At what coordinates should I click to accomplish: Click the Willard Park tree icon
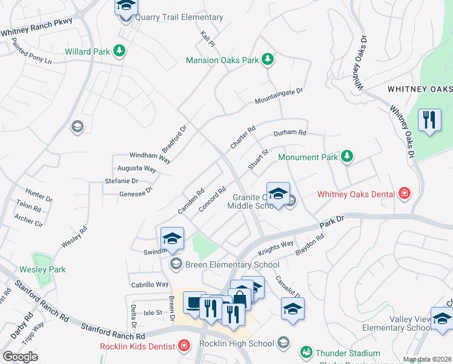tap(120, 51)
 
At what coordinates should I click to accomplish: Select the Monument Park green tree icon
tap(346, 157)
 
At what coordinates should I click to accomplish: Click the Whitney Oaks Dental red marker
tap(405, 194)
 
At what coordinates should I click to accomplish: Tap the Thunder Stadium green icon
tap(306, 352)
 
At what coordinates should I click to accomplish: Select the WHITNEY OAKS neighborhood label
tap(419, 89)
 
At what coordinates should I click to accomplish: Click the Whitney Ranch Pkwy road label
tap(36, 30)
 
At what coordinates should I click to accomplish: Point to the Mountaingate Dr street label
tap(278, 95)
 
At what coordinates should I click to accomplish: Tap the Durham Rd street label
tap(290, 133)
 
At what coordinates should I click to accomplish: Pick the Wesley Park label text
tap(42, 269)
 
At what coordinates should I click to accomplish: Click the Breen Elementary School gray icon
tap(176, 264)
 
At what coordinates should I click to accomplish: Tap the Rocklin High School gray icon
tap(283, 343)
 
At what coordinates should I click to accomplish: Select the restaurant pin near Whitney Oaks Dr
tap(429, 120)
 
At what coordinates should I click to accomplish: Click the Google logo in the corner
tap(21, 356)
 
